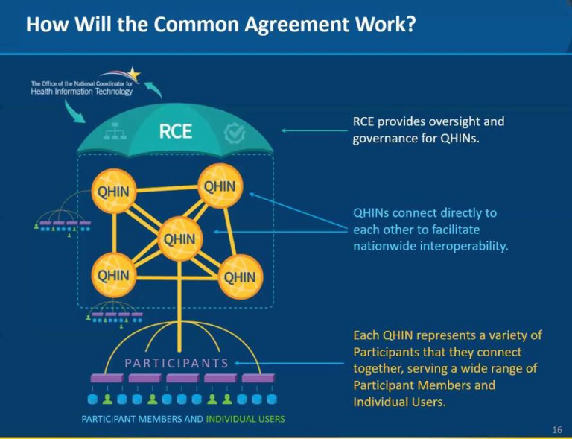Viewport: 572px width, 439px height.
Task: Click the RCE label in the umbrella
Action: [176, 132]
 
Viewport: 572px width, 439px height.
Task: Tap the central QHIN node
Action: [179, 239]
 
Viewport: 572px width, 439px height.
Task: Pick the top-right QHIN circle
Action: [219, 186]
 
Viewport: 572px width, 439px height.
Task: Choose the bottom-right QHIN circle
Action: [240, 277]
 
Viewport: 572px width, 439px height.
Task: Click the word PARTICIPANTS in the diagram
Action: [177, 363]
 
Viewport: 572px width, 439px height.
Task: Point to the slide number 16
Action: [557, 430]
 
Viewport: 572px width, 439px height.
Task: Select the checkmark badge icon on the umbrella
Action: [234, 133]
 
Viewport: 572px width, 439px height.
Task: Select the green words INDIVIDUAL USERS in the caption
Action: [245, 419]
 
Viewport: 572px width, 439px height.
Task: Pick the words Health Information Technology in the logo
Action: [81, 92]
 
